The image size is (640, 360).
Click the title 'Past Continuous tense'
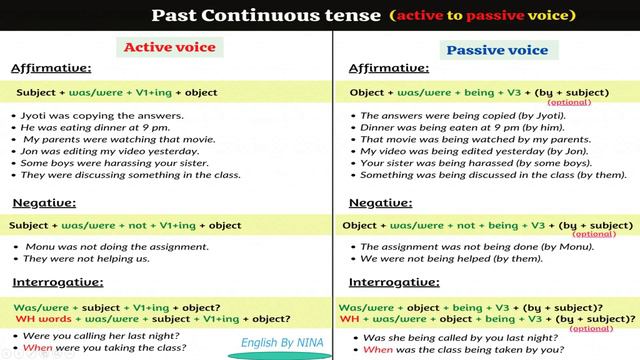[267, 15]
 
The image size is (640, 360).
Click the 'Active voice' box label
[168, 48]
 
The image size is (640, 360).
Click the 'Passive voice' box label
[496, 50]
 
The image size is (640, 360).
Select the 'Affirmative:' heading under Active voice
[50, 68]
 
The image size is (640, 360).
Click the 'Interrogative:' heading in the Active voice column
[58, 282]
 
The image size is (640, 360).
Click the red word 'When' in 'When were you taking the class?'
[35, 349]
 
